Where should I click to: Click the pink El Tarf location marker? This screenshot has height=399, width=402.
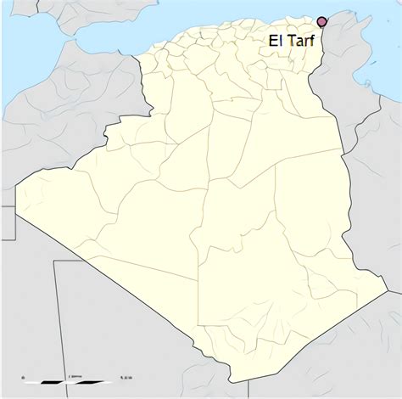pyautogui.click(x=321, y=22)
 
